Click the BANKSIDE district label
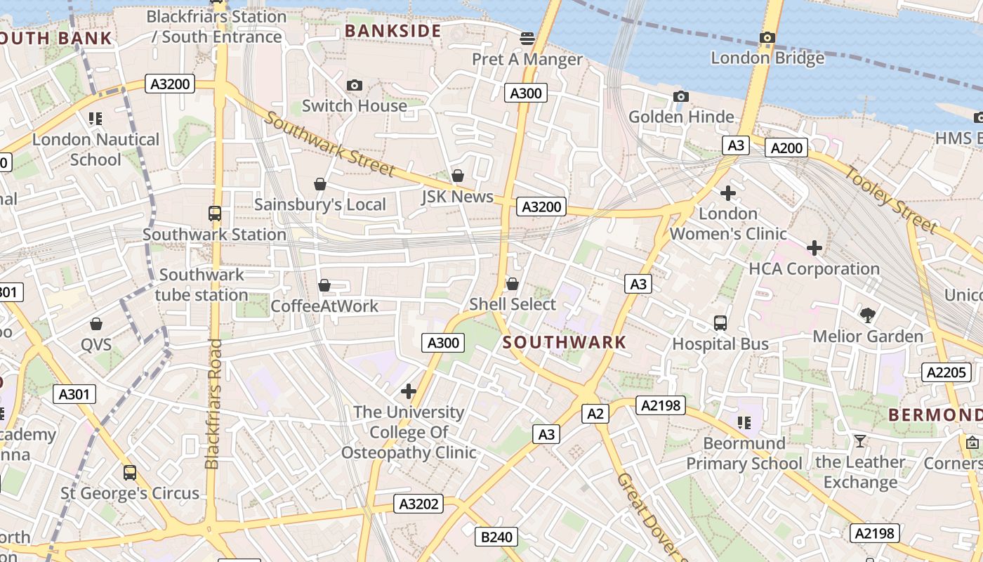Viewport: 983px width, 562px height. [393, 31]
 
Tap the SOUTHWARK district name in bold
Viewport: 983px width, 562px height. [565, 343]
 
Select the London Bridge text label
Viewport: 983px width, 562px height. [767, 58]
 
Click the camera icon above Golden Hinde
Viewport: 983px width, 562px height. [680, 96]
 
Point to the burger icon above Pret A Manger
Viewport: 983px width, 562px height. [527, 38]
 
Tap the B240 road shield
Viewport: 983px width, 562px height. [496, 537]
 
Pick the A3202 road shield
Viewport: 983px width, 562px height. [419, 504]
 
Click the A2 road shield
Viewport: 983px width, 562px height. [595, 414]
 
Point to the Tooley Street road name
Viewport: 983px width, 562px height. [890, 200]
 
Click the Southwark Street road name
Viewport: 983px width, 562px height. [330, 144]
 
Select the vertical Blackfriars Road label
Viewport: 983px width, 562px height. [213, 404]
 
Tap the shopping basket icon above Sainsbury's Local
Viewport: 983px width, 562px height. [320, 184]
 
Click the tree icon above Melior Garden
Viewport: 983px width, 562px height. [868, 315]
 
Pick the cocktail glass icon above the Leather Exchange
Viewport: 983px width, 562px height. [859, 441]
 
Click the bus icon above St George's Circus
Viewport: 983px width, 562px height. [130, 472]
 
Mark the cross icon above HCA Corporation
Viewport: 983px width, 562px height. [814, 248]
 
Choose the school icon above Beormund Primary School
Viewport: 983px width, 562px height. [744, 422]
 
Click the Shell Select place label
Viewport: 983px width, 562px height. [513, 305]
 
